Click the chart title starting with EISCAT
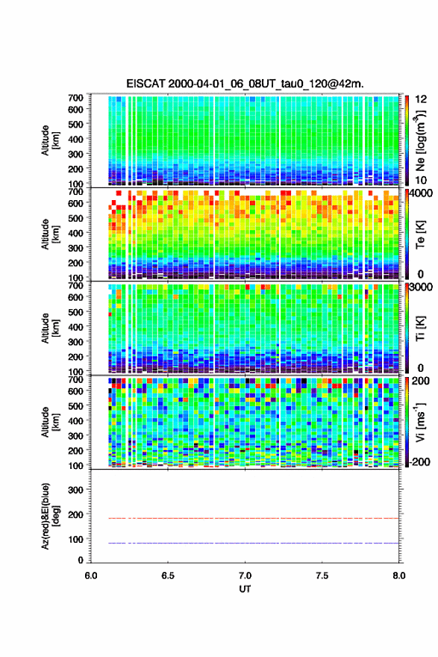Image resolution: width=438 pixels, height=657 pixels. click(245, 84)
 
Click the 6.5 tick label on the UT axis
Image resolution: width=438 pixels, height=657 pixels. click(168, 576)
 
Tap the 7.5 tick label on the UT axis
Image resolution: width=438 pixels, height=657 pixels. click(322, 576)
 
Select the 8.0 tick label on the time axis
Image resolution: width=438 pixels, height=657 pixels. click(399, 576)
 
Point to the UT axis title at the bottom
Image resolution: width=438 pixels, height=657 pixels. click(245, 589)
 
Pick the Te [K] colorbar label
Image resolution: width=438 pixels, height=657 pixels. click(420, 234)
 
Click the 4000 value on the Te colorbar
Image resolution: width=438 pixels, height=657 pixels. click(421, 193)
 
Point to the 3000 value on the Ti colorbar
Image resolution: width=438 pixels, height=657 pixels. click(421, 287)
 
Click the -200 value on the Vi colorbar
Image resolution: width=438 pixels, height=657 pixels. click(418, 461)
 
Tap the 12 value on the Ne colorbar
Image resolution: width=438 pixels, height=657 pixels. click(421, 99)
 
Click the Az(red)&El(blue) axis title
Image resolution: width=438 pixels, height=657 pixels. click(50, 516)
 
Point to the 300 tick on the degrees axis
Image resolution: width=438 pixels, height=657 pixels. click(76, 490)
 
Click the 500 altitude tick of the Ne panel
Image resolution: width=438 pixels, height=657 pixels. click(76, 124)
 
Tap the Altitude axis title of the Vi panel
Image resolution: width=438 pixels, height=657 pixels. click(50, 422)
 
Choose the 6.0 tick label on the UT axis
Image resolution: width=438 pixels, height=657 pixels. click(91, 576)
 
